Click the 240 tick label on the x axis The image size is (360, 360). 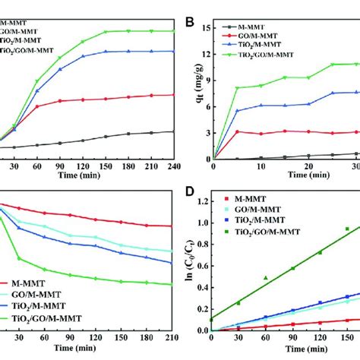click(x=175, y=165)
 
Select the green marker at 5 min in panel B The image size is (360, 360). click(x=237, y=88)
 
